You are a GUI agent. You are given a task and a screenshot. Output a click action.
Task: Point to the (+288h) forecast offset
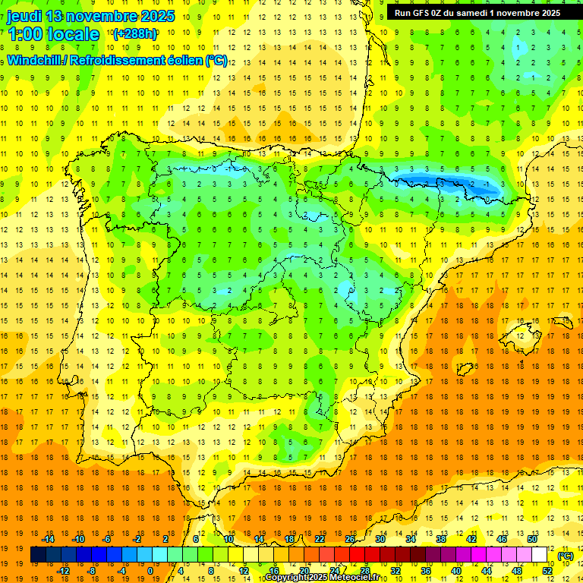point(135,33)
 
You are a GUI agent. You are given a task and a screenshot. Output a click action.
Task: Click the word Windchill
point(36,60)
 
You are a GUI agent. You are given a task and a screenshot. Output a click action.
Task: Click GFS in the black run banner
point(424,13)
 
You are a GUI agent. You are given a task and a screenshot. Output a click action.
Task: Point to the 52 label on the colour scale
point(547,571)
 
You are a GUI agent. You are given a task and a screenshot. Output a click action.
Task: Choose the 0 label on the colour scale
point(150,571)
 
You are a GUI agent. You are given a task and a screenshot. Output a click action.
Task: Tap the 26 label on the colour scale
point(350,539)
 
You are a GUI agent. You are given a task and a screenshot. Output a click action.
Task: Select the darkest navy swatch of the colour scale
point(38,555)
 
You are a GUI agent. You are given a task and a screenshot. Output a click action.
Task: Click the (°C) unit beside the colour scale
point(566,556)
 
